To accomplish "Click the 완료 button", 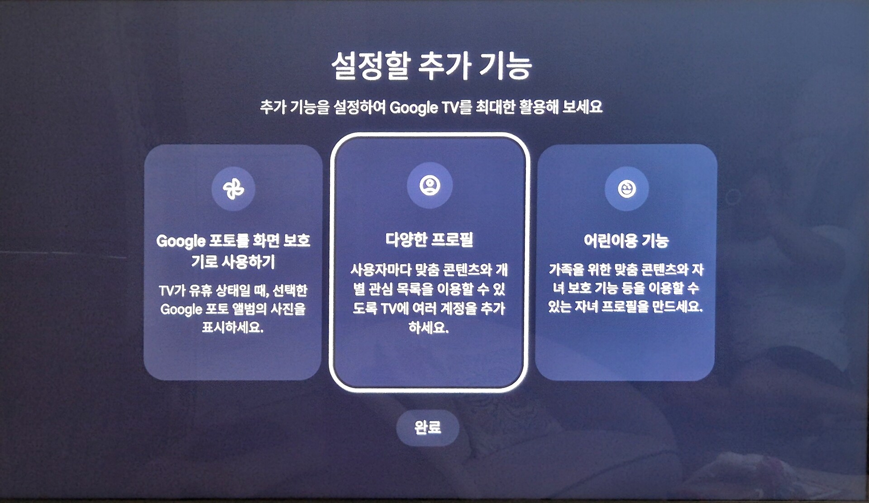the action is click(428, 427).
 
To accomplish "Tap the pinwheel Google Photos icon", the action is click(234, 189).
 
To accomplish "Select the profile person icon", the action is click(430, 185).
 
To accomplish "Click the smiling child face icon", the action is click(627, 189).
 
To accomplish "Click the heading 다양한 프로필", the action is click(429, 239).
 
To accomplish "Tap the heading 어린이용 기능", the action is click(626, 240).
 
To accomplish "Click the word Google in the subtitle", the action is click(414, 108).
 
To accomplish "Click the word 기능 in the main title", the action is click(506, 66).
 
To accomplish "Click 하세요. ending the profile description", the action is click(429, 327).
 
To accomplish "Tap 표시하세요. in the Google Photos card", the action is click(233, 327).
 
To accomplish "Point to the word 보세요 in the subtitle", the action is click(582, 107).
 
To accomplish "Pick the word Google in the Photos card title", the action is click(181, 241).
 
